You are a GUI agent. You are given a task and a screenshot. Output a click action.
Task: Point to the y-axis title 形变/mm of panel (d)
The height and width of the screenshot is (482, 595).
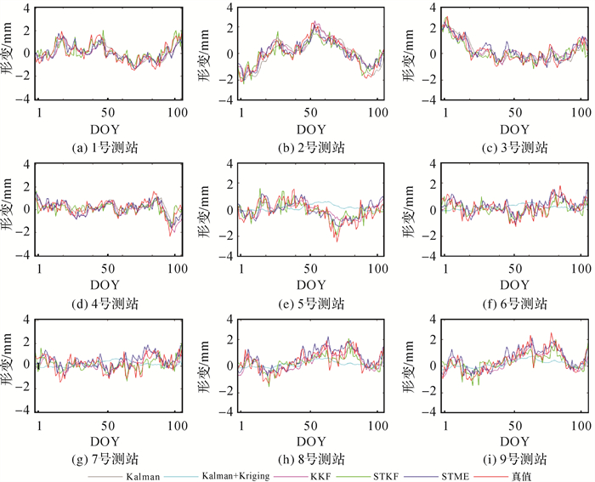point(13,208)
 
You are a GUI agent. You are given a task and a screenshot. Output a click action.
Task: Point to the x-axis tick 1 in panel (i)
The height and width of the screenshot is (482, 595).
point(447,422)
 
